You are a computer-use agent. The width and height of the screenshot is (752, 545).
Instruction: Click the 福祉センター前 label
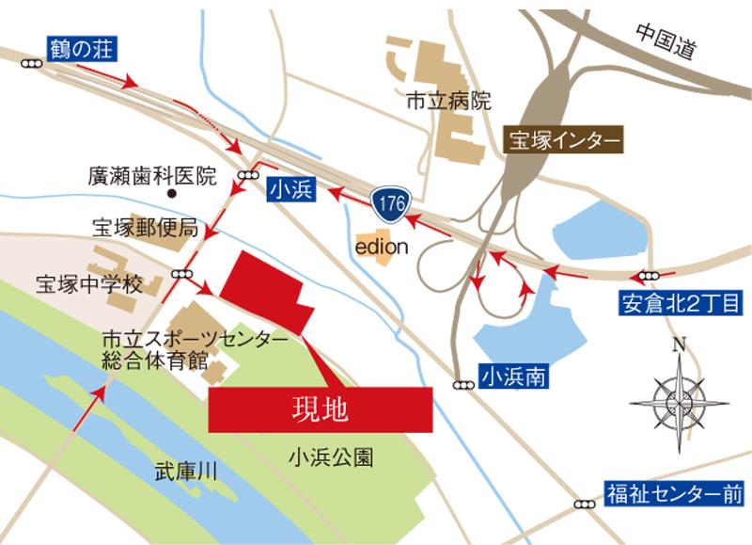point(675,492)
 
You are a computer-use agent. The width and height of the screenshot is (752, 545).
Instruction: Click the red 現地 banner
point(321,409)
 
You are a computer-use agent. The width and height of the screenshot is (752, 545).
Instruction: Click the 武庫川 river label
point(186,473)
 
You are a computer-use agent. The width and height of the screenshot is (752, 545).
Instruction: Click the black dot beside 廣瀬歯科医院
point(172,194)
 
